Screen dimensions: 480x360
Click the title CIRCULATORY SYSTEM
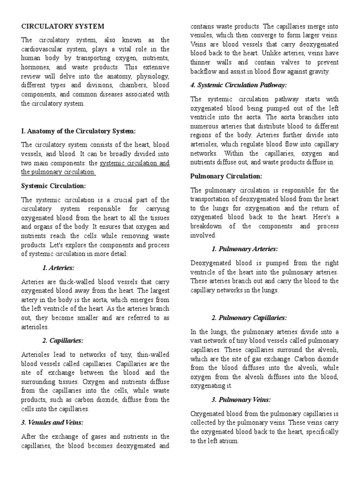63,26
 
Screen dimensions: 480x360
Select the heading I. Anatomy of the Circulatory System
79,131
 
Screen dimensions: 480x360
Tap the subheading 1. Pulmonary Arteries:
245,248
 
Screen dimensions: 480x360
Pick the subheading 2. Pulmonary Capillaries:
249,317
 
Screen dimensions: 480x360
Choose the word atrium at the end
227,441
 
